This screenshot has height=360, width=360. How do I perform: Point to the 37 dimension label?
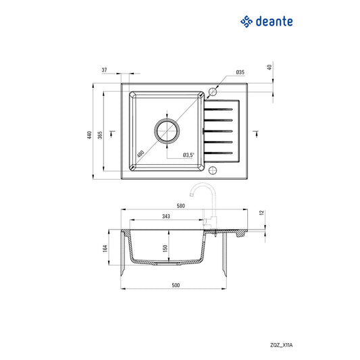[x=105, y=70]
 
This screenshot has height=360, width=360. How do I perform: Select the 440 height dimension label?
[x=90, y=134]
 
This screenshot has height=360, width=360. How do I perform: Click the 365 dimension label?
[x=100, y=134]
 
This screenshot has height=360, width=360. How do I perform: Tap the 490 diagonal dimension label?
[x=140, y=153]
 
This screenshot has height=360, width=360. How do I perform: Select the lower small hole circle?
[x=212, y=170]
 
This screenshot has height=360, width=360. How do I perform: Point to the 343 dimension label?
[x=165, y=216]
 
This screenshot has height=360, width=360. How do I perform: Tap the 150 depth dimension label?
[x=165, y=247]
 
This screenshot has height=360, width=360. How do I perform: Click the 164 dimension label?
[x=105, y=248]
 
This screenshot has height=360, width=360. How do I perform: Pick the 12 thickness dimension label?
[x=261, y=213]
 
